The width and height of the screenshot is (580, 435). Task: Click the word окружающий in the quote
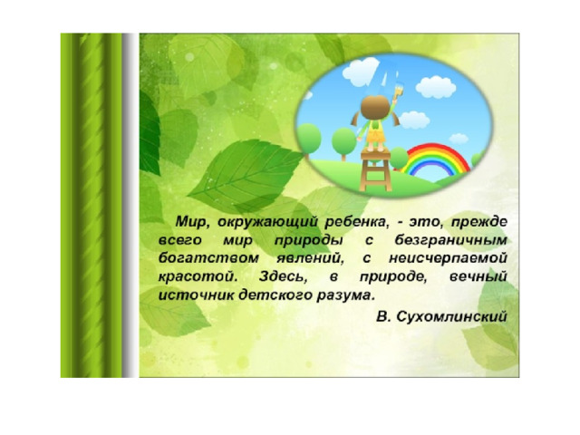point(267,222)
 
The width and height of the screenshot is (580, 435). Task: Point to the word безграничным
point(450,240)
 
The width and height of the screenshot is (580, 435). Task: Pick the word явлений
point(310,258)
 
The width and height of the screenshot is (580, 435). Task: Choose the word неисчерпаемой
point(448,258)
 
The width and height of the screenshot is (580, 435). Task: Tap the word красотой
point(198,276)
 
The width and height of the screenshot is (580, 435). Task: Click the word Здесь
point(283,276)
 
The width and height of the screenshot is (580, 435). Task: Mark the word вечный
point(478,276)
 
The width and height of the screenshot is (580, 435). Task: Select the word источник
point(197,295)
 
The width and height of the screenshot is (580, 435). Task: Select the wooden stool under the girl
point(376,170)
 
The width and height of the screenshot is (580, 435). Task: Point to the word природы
point(308,241)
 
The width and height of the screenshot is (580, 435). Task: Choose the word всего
point(180,240)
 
